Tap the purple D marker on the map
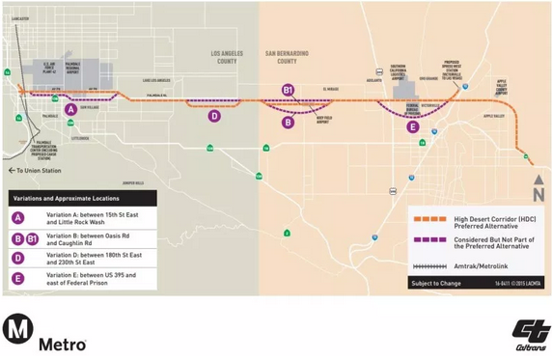point(214,116)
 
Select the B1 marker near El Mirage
point(288,90)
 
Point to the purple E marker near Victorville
point(413,126)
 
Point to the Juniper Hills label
point(133,181)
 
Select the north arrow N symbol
point(538,192)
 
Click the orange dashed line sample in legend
point(427,219)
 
